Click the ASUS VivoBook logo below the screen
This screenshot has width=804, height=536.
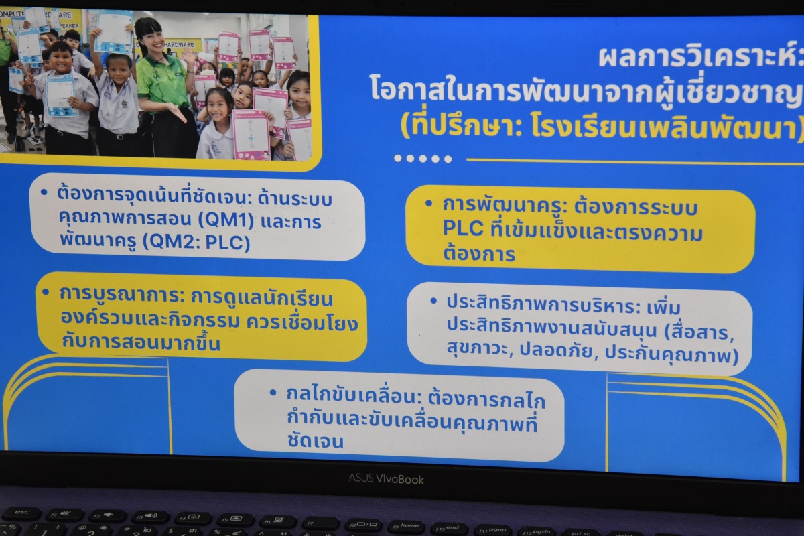pyautogui.click(x=386, y=479)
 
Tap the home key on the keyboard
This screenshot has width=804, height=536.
pyautogui.click(x=407, y=527)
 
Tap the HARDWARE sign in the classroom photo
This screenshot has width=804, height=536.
pyautogui.click(x=180, y=44)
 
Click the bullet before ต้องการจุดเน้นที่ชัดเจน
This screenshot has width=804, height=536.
pyautogui.click(x=44, y=192)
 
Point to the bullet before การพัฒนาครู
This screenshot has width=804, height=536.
pyautogui.click(x=428, y=204)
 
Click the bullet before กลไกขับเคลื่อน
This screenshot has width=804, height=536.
pyautogui.click(x=273, y=393)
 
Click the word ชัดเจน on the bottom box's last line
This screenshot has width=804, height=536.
pyautogui.click(x=315, y=441)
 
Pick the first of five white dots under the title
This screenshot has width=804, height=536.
pyautogui.click(x=398, y=158)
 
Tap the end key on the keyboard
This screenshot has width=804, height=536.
pyautogui.click(x=450, y=528)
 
